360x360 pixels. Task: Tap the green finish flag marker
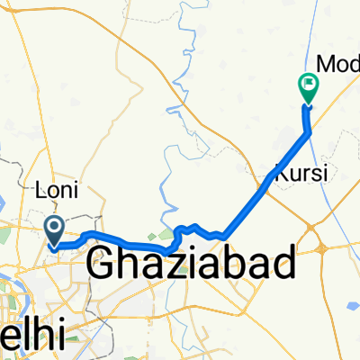tap(308, 86)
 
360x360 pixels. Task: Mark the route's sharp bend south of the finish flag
tap(310, 132)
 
